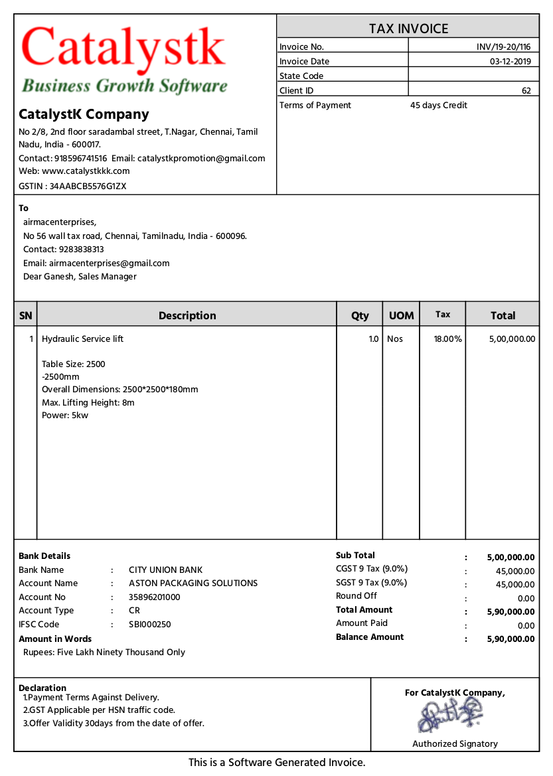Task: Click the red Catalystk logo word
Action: (x=123, y=50)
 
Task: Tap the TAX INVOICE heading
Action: (x=408, y=29)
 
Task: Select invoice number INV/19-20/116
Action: (x=503, y=47)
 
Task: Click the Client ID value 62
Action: (x=526, y=91)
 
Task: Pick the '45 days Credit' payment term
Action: (x=439, y=106)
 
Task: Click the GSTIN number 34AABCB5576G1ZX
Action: (x=88, y=187)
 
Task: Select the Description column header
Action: (x=187, y=316)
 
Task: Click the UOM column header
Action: (x=401, y=316)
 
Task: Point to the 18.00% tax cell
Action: (x=447, y=339)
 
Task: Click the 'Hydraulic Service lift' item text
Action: (x=83, y=339)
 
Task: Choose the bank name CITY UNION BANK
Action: (x=166, y=570)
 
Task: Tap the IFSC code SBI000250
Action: (x=150, y=625)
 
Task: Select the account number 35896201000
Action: (x=155, y=597)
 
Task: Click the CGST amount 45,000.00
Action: (x=514, y=572)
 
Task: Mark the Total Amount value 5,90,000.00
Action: (x=511, y=612)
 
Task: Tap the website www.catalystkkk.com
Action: (x=86, y=171)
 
